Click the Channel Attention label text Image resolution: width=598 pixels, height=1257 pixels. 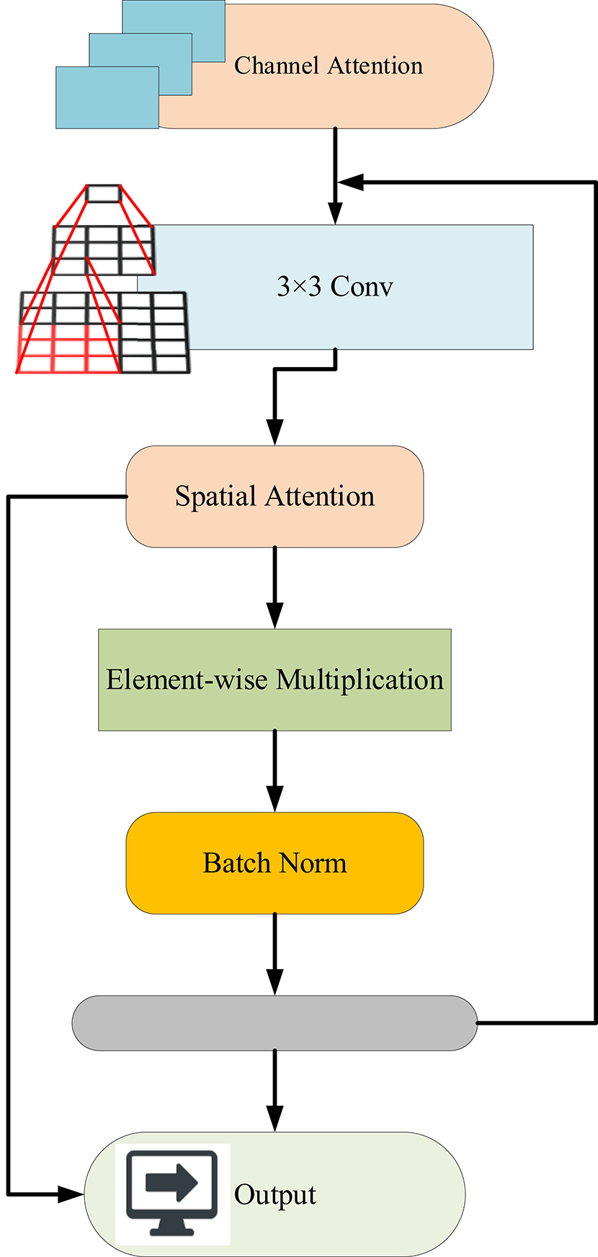[329, 66]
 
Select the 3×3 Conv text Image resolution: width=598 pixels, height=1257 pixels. [335, 286]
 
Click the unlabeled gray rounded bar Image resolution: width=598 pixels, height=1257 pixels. [275, 1023]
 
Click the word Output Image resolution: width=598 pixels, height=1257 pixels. [275, 1195]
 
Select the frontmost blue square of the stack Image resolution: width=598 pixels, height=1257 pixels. [107, 97]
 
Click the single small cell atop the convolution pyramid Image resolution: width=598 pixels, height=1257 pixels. [102, 193]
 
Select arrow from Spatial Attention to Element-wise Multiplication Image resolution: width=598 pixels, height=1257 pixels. [275, 588]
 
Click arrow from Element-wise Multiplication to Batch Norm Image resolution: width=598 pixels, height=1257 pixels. [275, 771]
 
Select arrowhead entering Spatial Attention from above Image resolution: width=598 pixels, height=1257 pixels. [275, 432]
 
